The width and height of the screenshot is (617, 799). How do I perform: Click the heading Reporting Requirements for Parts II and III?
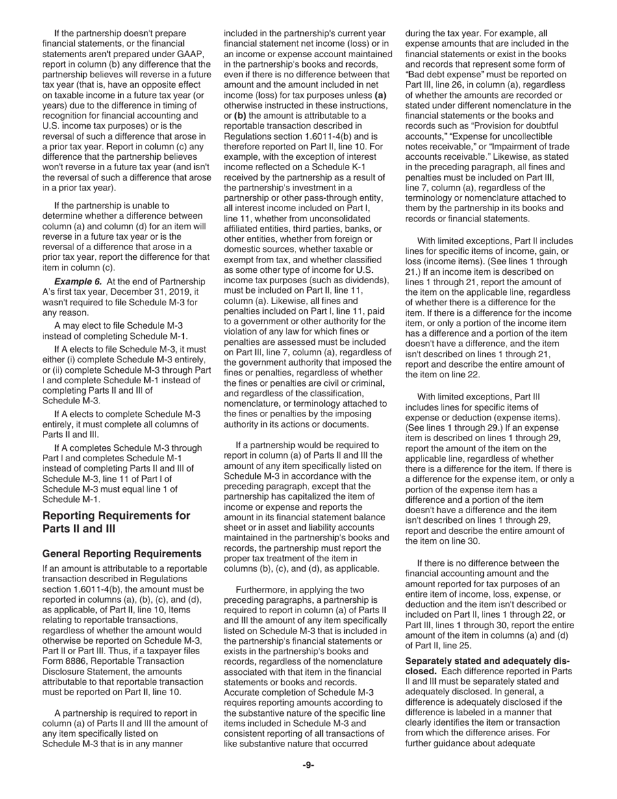coord(116,522)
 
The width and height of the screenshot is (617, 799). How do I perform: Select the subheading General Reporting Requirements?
coord(121,553)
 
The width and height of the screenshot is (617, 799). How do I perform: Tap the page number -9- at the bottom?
coord(308,765)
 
